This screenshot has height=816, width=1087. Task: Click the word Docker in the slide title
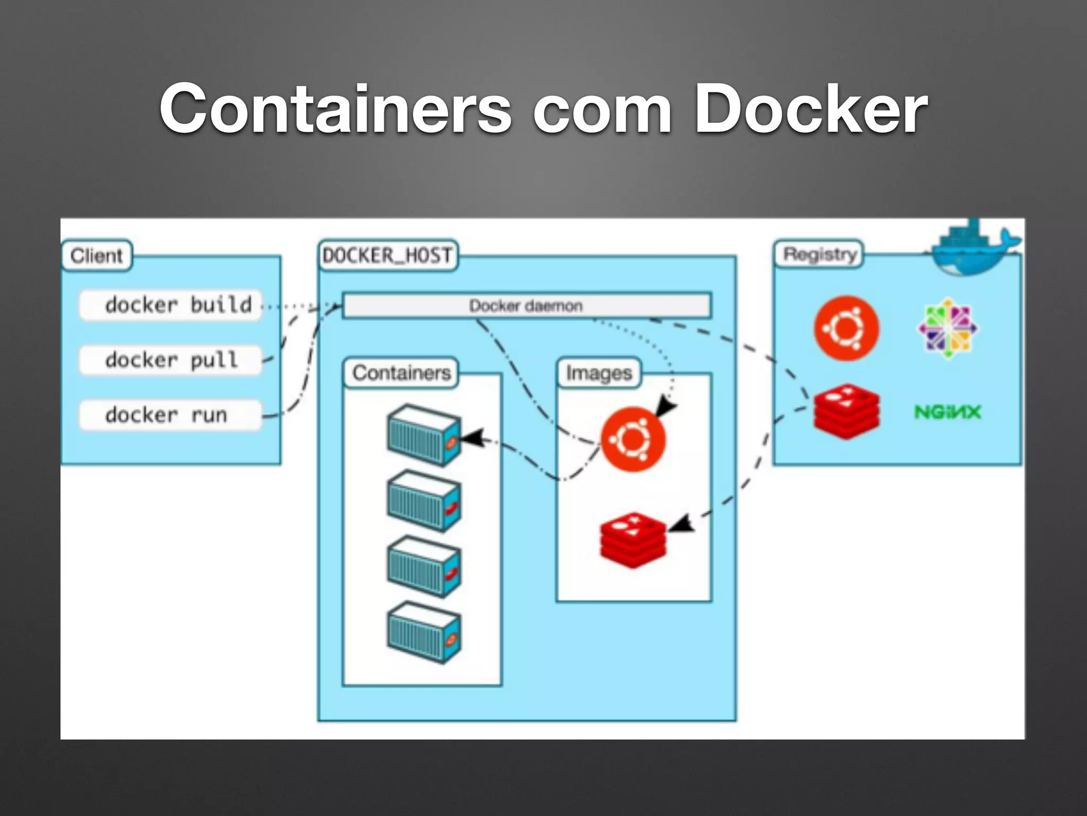point(810,110)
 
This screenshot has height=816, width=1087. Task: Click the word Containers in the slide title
point(335,110)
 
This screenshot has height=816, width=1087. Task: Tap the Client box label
point(96,256)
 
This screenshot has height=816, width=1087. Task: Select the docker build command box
point(171,305)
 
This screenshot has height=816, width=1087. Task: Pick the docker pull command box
point(171,360)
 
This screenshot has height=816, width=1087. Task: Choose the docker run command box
point(171,415)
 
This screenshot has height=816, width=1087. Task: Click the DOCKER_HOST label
point(387,256)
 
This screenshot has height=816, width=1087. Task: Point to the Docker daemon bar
point(526,305)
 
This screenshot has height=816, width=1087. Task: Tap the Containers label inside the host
point(402,373)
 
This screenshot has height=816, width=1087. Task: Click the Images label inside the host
point(599,373)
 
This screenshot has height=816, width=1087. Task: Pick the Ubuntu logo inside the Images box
point(633,439)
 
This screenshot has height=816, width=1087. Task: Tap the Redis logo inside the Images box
point(633,540)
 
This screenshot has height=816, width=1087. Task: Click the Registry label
point(819,254)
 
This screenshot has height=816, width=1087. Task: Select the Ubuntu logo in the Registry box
point(846,328)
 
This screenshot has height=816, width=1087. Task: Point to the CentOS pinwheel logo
point(948,328)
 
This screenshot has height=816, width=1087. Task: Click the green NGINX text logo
point(947,412)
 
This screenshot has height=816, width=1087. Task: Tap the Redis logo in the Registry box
point(846,412)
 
